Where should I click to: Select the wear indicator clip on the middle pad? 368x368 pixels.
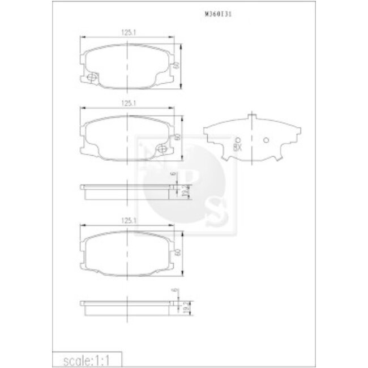162,148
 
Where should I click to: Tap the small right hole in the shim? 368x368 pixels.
266,140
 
